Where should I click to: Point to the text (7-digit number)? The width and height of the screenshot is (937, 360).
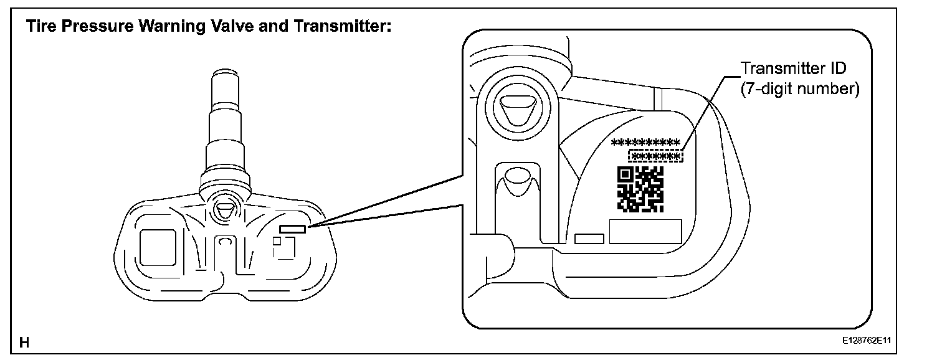pyautogui.click(x=799, y=89)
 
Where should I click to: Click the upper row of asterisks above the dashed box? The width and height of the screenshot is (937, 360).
pyautogui.click(x=646, y=143)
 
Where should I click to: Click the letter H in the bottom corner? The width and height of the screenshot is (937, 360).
pyautogui.click(x=24, y=342)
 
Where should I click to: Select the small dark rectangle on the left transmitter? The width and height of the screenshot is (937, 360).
pyautogui.click(x=292, y=229)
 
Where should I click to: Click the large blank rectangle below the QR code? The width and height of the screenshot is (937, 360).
pyautogui.click(x=645, y=232)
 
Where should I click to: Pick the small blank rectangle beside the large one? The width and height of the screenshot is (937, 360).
pyautogui.click(x=589, y=239)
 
